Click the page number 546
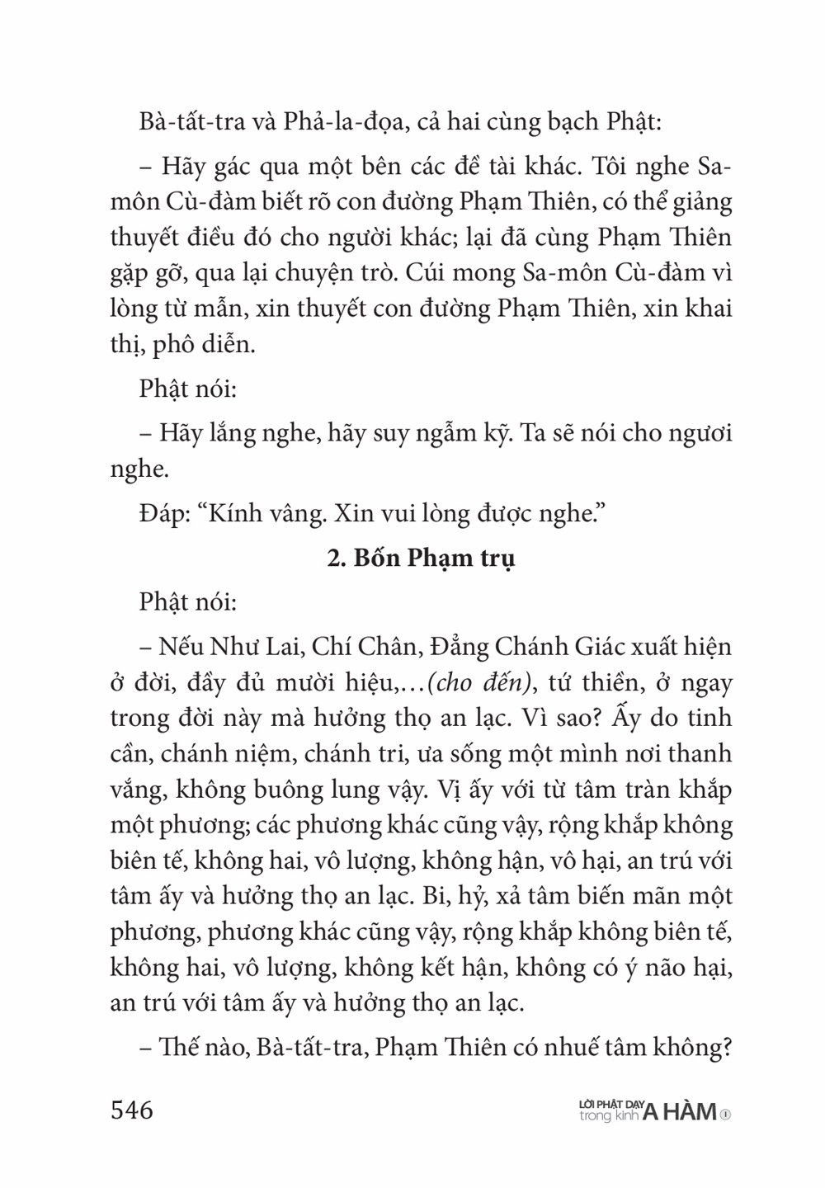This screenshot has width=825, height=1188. tap(132, 1110)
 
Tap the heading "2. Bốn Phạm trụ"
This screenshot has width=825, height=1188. tap(421, 559)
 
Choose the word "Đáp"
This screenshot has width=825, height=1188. tap(161, 513)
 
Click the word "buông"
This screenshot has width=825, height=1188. tap(320, 790)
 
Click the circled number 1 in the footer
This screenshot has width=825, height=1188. tap(725, 1114)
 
